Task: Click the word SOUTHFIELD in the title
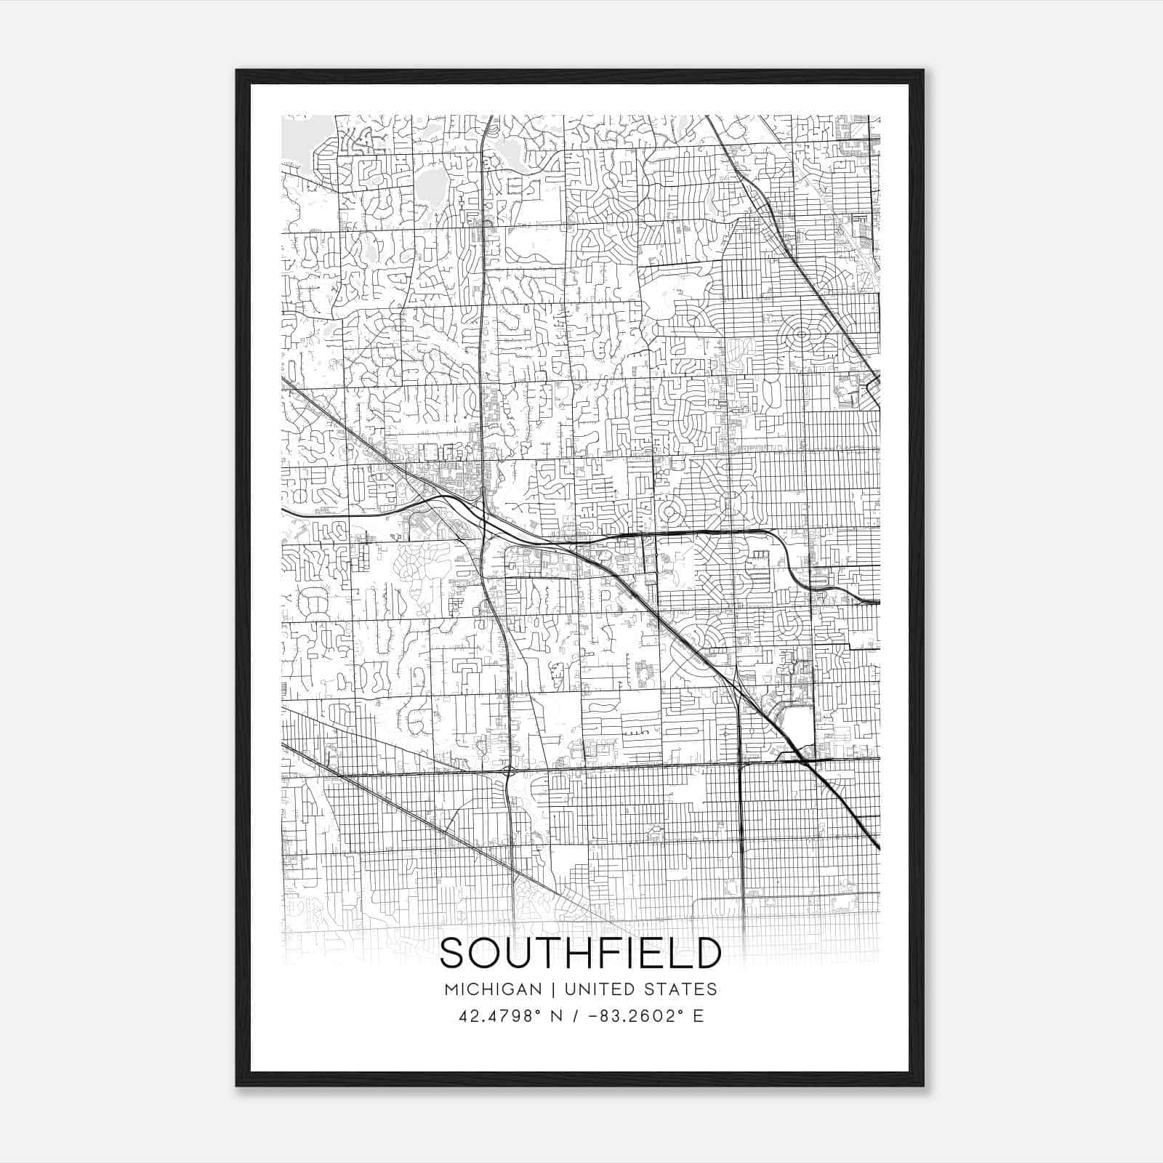[x=581, y=954]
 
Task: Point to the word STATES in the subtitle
[x=680, y=989]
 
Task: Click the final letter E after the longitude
[x=699, y=1016]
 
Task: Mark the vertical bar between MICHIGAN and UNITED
[x=553, y=989]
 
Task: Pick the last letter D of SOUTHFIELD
[x=707, y=954]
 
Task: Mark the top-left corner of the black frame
[x=237, y=71]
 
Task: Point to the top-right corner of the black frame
[x=923, y=71]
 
